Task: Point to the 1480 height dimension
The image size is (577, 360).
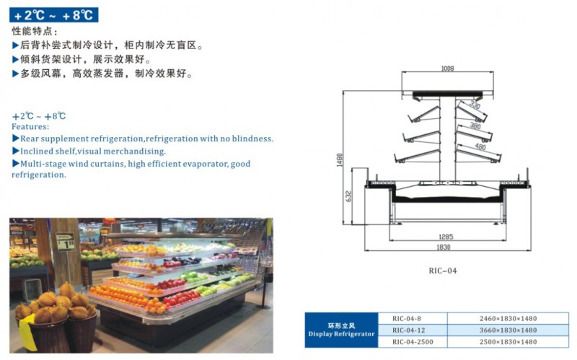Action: point(339,160)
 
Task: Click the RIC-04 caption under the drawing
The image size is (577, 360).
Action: point(443,271)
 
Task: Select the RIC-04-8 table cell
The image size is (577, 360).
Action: point(406,318)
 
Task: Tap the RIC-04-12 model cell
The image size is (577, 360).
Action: point(408,330)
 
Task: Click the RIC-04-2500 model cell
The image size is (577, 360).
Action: point(411,341)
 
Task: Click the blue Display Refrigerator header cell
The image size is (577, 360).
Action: point(341,330)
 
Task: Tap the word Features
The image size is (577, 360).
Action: point(30,126)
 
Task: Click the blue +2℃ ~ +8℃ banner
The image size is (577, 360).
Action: point(54,15)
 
